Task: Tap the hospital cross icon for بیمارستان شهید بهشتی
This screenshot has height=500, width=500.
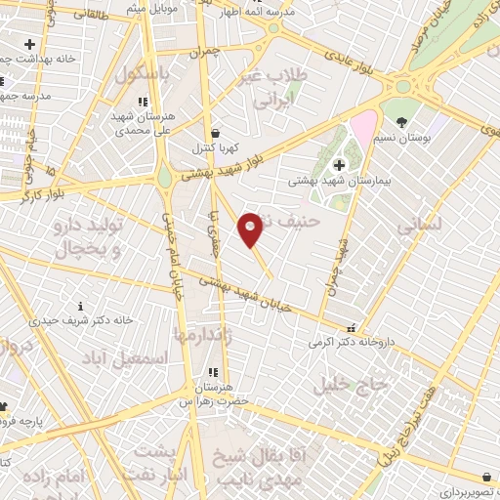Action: coord(339,165)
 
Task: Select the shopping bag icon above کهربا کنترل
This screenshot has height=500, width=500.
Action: coord(215,133)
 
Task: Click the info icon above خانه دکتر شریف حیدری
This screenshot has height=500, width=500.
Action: coord(67,305)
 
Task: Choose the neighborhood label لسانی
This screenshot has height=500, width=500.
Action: coord(419,224)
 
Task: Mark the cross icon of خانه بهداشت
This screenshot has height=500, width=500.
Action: coord(29,44)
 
